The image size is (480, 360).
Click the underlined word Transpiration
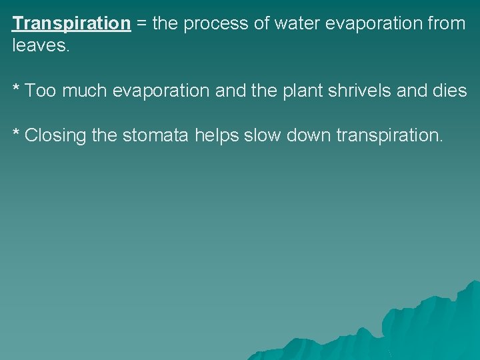coord(71,24)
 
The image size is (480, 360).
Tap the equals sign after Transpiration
coord(141,24)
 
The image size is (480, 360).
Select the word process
coord(217,24)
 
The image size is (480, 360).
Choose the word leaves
coord(41,46)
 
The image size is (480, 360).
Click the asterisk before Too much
coord(17,88)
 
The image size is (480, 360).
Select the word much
coord(85,91)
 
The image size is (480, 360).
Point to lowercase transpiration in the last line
coord(389,136)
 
